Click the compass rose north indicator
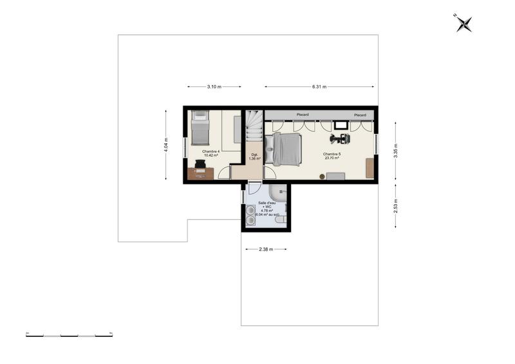464,23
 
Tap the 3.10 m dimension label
214,86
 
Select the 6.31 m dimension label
319,86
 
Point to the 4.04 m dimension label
166,145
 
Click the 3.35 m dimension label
396,150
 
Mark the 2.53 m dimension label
396,206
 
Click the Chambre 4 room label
211,153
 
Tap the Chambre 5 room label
332,155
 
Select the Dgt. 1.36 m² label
254,156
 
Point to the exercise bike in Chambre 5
339,137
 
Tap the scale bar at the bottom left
69,335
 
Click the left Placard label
302,115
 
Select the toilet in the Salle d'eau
281,220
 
